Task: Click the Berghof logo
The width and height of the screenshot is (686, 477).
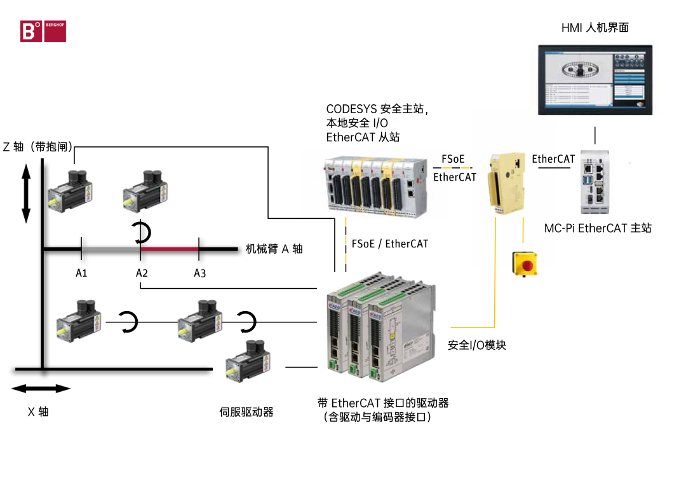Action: [43, 32]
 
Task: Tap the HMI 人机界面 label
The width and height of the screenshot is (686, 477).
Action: [595, 27]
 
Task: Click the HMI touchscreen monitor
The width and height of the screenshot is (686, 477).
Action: [595, 79]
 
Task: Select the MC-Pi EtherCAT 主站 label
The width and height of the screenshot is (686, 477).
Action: [598, 228]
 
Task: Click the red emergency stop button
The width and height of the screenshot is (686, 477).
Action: [524, 263]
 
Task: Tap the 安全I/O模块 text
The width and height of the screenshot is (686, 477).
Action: [477, 345]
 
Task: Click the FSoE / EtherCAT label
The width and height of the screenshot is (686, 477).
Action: [389, 244]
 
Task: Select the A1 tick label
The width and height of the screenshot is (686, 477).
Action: [81, 273]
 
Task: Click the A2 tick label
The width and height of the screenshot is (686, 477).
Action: [142, 273]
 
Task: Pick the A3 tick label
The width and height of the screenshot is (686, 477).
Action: [200, 273]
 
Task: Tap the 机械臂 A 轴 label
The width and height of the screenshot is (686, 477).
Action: [274, 249]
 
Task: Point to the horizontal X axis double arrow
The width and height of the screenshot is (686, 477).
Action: [41, 389]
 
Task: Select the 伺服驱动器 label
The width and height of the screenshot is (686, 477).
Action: [246, 412]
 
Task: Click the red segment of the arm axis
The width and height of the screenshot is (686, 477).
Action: [170, 249]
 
